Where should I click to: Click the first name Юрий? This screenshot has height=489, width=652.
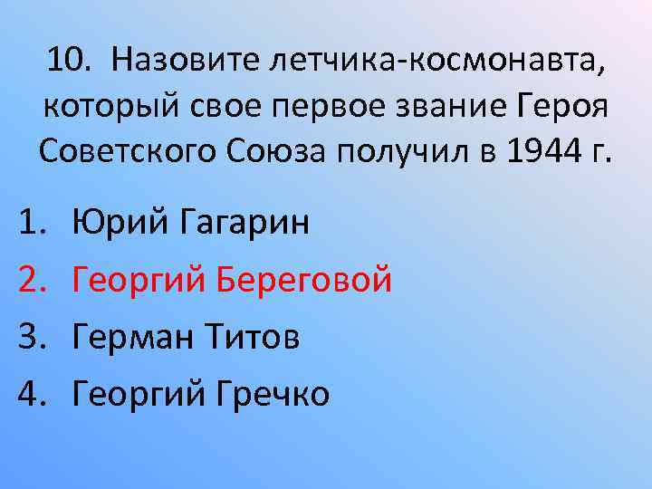[x=115, y=223]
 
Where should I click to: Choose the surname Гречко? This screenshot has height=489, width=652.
[x=273, y=394]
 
